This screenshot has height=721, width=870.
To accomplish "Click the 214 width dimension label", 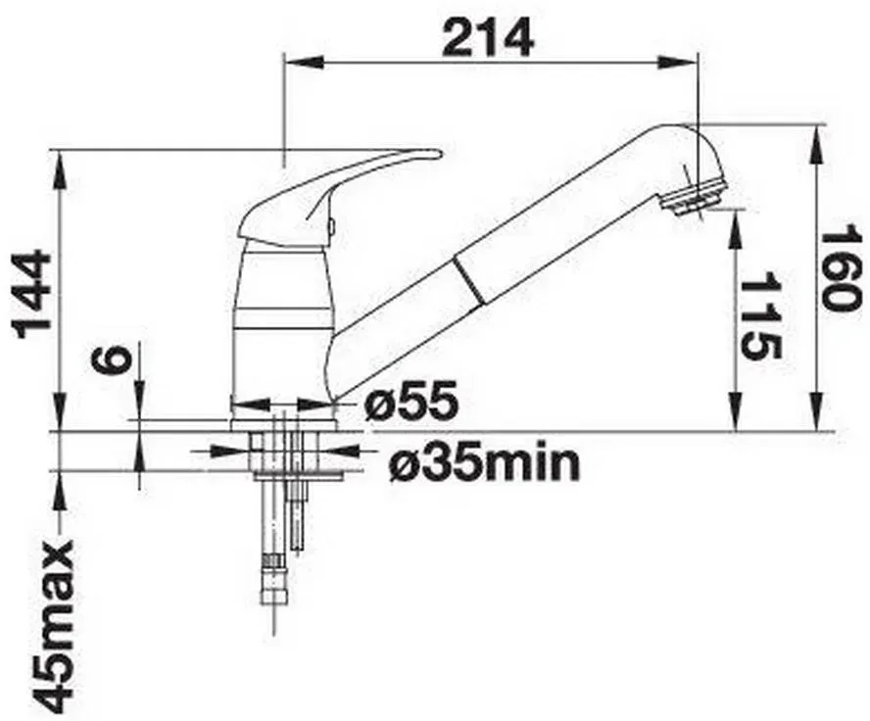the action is [x=488, y=37].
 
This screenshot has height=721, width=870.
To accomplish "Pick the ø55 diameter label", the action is [x=411, y=401].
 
